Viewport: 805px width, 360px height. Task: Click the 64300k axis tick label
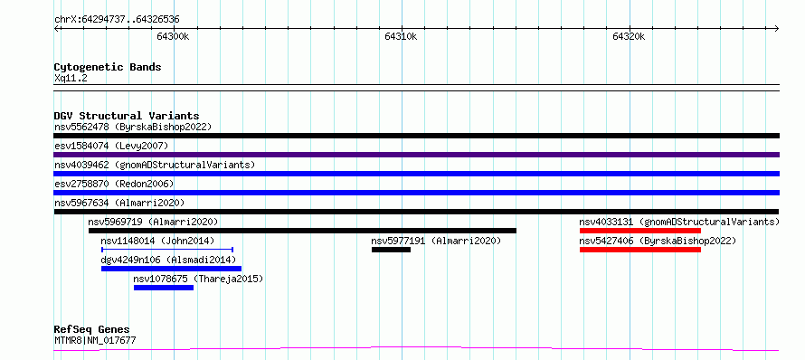(174, 36)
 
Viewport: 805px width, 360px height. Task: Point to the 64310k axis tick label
(401, 36)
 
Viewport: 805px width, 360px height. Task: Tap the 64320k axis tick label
(629, 36)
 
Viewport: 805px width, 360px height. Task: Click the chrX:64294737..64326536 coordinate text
(117, 20)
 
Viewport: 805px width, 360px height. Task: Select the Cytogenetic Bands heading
(108, 67)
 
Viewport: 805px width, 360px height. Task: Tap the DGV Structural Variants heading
(127, 116)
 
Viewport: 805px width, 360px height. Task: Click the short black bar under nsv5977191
(392, 250)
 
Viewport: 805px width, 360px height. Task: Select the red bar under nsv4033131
(640, 231)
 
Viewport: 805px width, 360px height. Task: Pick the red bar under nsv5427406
(640, 250)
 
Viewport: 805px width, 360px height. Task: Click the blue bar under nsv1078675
(164, 288)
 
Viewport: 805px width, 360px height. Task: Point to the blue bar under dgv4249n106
(172, 269)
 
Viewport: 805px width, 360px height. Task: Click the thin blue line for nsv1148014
(167, 250)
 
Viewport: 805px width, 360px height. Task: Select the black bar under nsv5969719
(302, 231)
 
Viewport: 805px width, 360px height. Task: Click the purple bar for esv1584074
(416, 155)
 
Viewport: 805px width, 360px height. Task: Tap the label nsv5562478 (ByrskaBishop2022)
(133, 127)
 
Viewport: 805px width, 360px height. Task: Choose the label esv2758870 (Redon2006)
(114, 184)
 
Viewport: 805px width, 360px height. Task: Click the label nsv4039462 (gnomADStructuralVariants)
(155, 165)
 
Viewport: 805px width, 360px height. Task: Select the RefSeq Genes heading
(92, 330)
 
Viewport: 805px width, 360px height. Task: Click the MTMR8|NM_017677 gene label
(96, 340)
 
